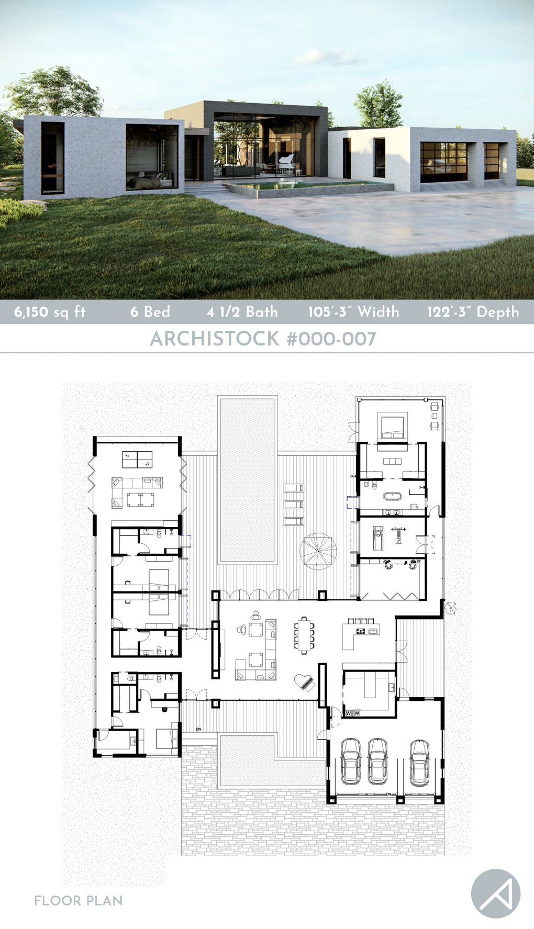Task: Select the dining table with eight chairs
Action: pyautogui.click(x=304, y=636)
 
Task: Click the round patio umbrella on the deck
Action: pyautogui.click(x=318, y=551)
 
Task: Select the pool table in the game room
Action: pyautogui.click(x=137, y=460)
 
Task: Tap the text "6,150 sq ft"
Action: pyautogui.click(x=50, y=312)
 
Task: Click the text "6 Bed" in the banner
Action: pyautogui.click(x=150, y=312)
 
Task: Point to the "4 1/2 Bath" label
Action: pyautogui.click(x=242, y=312)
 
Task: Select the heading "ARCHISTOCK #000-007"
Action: pyautogui.click(x=263, y=339)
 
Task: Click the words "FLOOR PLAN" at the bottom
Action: pyautogui.click(x=79, y=901)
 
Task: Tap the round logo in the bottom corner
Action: pyautogui.click(x=495, y=894)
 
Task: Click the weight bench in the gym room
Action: pyautogui.click(x=401, y=537)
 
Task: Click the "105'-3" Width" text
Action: pyautogui.click(x=353, y=312)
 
